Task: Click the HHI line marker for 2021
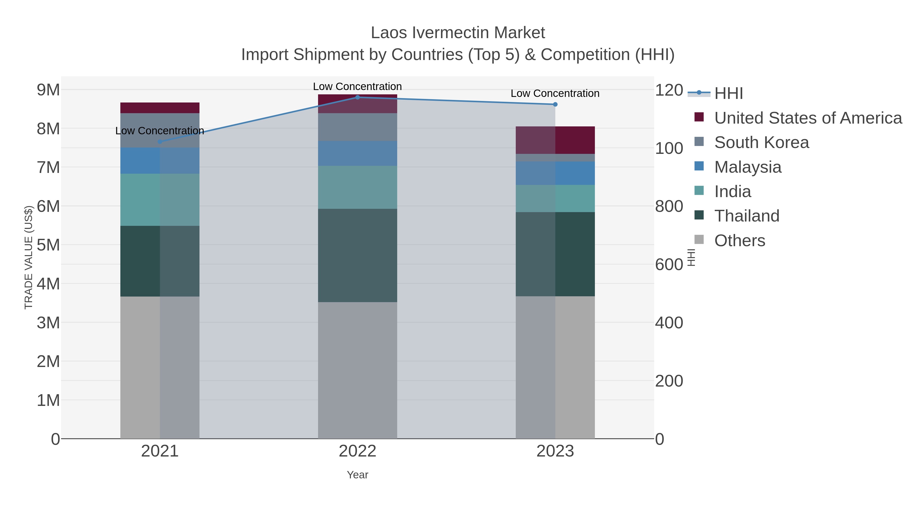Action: (160, 142)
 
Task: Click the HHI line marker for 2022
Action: (357, 97)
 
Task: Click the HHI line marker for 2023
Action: (555, 105)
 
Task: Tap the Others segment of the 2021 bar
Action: (160, 367)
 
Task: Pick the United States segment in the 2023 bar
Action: (555, 140)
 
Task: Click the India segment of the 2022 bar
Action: (357, 187)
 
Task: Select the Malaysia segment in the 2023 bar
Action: (555, 173)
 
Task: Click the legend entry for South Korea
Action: (761, 142)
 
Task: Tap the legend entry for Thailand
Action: (746, 216)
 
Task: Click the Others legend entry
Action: (739, 241)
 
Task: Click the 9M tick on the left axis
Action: (48, 90)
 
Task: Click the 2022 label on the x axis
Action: (357, 451)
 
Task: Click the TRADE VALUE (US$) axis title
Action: (28, 257)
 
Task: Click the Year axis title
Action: (357, 475)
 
